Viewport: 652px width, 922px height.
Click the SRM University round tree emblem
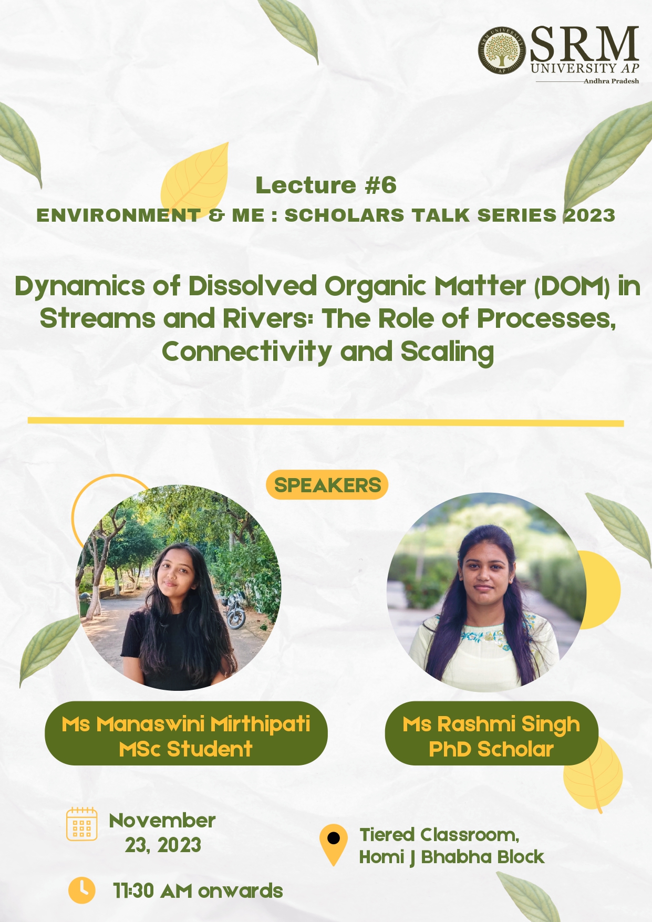click(502, 50)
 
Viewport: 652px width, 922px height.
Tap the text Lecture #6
click(326, 185)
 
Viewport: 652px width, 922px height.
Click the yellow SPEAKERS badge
click(327, 485)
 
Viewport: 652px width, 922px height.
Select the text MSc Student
click(186, 749)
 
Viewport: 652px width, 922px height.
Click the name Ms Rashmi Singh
click(491, 724)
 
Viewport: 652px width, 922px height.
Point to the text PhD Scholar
click(491, 749)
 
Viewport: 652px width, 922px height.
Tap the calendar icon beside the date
click(82, 824)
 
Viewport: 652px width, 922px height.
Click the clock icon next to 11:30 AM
click(82, 890)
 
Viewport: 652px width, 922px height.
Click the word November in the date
click(162, 820)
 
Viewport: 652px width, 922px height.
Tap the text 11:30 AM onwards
click(198, 891)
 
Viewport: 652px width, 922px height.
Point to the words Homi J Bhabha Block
click(452, 857)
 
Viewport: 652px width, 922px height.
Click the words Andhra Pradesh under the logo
click(612, 81)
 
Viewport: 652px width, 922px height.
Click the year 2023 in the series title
click(589, 215)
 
